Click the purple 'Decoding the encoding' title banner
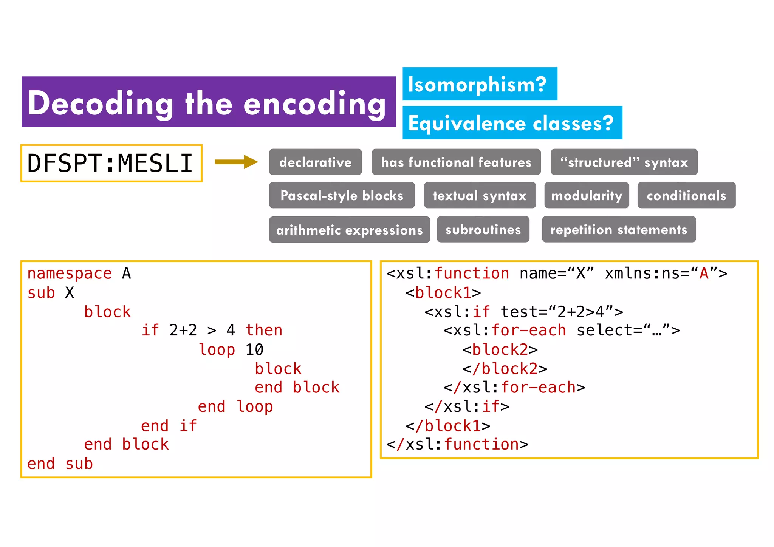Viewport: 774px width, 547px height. (x=209, y=102)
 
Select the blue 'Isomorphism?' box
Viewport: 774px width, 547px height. (x=480, y=84)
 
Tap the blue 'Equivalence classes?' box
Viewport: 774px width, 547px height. (x=512, y=123)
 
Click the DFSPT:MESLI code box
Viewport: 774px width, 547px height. (x=111, y=163)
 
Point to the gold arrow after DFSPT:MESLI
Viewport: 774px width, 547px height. (x=236, y=162)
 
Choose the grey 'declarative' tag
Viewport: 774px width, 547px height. (x=315, y=162)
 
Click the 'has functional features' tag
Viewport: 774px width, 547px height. (x=456, y=162)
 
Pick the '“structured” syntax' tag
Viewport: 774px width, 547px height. (x=624, y=162)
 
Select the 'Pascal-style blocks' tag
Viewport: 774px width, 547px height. (x=342, y=195)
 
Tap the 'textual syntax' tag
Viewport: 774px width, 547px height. (x=480, y=195)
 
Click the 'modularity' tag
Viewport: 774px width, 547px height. (x=586, y=195)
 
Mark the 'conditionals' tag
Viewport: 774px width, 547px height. (x=686, y=195)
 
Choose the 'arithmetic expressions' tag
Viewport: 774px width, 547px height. (x=349, y=230)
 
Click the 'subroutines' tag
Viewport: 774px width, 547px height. (x=483, y=229)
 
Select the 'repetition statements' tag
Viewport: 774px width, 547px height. (x=618, y=229)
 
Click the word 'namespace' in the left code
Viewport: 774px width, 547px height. (x=70, y=273)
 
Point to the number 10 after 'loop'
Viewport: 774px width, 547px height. (x=254, y=349)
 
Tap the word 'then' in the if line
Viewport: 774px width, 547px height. (x=264, y=330)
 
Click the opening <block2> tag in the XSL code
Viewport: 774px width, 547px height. (x=500, y=349)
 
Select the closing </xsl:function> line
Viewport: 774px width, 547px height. (x=457, y=444)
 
